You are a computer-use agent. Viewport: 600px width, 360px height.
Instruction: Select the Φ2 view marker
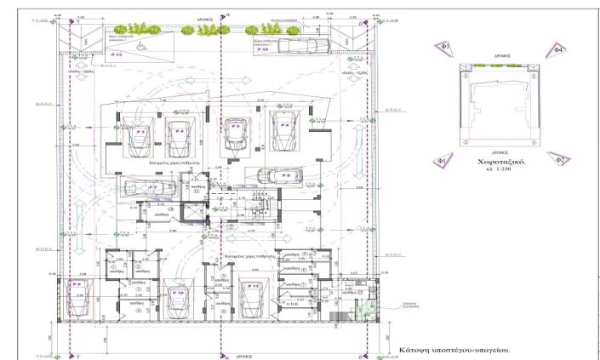557,158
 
